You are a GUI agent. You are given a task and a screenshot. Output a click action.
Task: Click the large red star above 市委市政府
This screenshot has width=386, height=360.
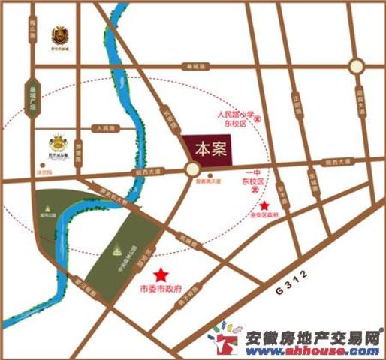(160, 274)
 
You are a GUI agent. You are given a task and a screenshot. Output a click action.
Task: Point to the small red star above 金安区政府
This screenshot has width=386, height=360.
(264, 205)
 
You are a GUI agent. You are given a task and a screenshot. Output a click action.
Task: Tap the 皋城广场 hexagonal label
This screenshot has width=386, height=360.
(31, 100)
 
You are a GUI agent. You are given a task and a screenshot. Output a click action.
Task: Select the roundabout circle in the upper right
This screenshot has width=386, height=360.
(358, 66)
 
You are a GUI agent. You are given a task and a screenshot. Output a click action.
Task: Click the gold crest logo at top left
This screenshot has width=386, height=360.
(59, 34)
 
